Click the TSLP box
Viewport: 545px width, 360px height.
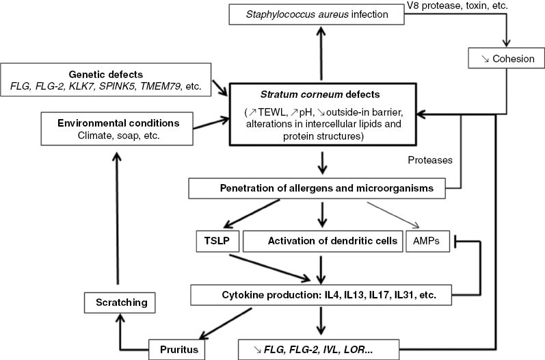(215, 242)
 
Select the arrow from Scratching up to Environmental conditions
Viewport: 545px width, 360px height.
(117, 219)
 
